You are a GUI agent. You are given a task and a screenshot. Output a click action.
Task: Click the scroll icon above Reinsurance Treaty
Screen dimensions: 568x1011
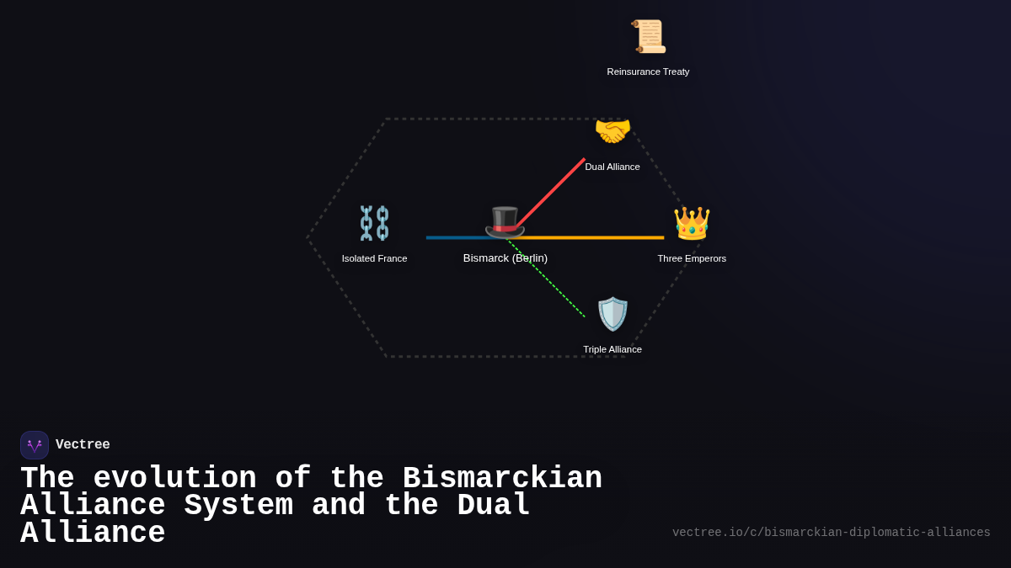pyautogui.click(x=649, y=37)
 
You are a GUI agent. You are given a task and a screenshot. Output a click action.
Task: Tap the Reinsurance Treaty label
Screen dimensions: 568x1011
pyautogui.click(x=648, y=72)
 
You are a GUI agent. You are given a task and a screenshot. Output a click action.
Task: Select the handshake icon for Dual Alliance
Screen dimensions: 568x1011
pyautogui.click(x=612, y=131)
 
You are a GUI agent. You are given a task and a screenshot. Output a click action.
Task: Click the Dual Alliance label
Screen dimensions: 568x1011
pyautogui.click(x=612, y=167)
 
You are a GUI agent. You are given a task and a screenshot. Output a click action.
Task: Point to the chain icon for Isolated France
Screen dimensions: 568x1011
pyautogui.click(x=374, y=223)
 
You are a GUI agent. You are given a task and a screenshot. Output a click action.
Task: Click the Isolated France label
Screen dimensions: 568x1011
pyautogui.click(x=374, y=258)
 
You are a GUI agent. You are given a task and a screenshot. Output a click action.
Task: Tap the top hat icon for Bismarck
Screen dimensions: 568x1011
pyautogui.click(x=505, y=222)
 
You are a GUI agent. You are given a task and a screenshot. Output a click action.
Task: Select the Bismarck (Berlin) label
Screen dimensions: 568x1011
pyautogui.click(x=505, y=258)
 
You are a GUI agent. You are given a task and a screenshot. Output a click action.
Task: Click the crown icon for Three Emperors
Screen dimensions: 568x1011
pyautogui.click(x=692, y=223)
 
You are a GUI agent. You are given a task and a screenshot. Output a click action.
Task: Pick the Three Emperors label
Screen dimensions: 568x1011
pyautogui.click(x=692, y=258)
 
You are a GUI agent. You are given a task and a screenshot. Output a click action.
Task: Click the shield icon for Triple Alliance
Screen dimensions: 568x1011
pyautogui.click(x=612, y=314)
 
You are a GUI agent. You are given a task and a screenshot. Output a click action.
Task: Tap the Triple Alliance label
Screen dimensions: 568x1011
pyautogui.click(x=612, y=349)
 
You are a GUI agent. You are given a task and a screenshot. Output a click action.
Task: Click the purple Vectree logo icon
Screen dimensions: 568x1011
pyautogui.click(x=35, y=445)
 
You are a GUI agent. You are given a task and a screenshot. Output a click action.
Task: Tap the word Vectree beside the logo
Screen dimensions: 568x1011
pyautogui.click(x=83, y=445)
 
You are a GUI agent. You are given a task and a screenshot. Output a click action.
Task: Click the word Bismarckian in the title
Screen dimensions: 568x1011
pyautogui.click(x=502, y=479)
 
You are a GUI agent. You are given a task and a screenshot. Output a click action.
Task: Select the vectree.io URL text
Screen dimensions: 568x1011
pyautogui.click(x=831, y=533)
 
